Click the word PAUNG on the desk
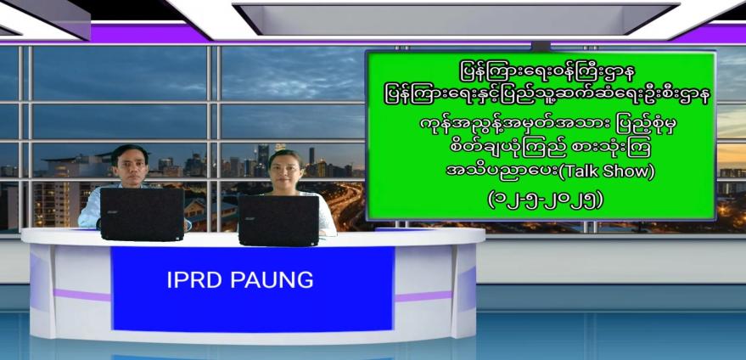point(272,280)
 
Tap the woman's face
point(285,171)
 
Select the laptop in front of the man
point(142,214)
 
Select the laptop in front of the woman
point(279,221)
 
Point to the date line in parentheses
point(545,200)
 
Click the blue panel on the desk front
point(253,289)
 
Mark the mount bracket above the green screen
point(541,46)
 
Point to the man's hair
point(129,151)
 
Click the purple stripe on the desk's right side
point(423,296)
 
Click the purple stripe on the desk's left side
point(81,295)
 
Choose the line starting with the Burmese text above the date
point(549,172)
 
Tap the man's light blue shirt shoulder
point(91,205)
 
